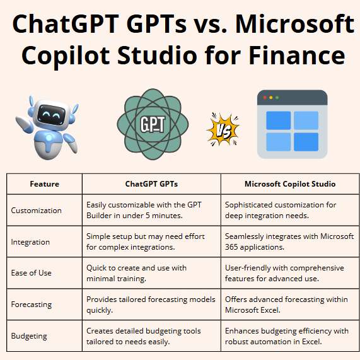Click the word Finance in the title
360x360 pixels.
297,55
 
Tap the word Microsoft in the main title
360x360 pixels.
295,24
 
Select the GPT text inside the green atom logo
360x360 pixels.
153,124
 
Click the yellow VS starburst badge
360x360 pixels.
223,129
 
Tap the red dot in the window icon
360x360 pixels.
265,98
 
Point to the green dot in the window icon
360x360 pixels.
277,98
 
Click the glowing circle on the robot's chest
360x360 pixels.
49,137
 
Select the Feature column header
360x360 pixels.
45,184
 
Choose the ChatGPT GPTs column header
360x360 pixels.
151,184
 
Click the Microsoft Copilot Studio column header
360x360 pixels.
290,184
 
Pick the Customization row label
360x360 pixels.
37,211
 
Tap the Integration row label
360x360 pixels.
30,242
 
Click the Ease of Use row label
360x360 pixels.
32,273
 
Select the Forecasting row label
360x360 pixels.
32,305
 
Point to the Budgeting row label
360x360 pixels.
29,336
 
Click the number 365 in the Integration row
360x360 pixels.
231,247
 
